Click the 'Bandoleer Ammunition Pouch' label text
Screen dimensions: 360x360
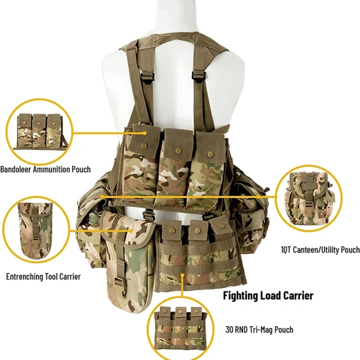(45, 169)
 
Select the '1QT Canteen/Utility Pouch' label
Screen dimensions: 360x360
(320, 249)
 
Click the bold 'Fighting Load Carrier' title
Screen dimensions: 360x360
(268, 295)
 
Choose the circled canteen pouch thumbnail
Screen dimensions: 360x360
(309, 199)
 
